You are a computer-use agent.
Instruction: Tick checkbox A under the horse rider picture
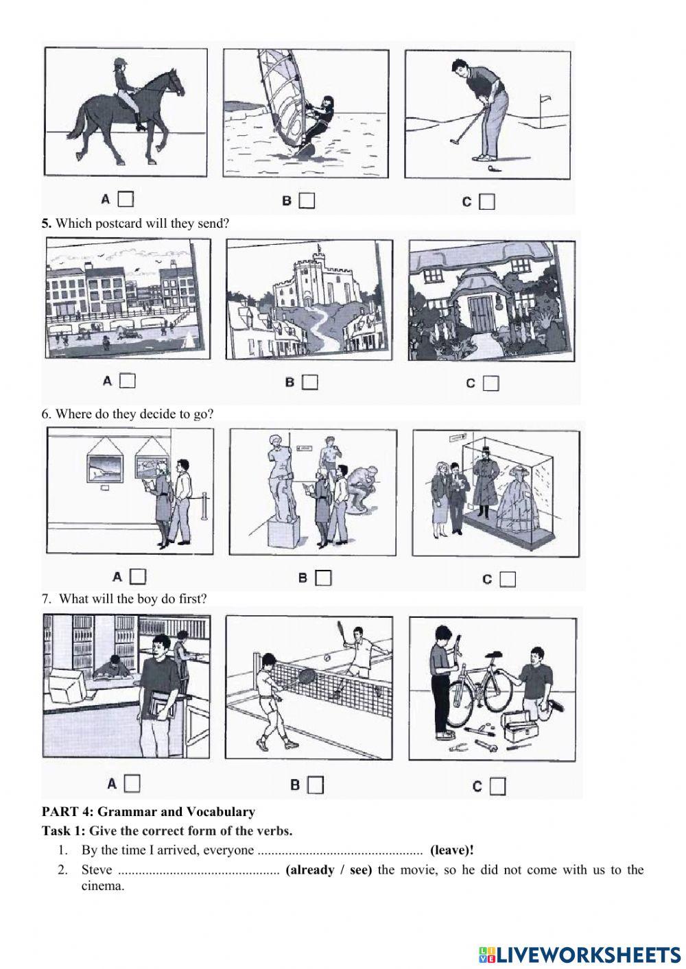click(x=126, y=200)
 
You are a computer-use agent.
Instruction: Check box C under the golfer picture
click(x=487, y=202)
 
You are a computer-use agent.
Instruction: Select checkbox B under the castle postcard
click(x=310, y=382)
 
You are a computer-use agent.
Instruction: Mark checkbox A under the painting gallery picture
click(x=138, y=576)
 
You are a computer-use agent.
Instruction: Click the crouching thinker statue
click(x=362, y=490)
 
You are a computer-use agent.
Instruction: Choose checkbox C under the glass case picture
click(x=508, y=579)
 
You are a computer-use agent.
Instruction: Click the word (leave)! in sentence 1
click(x=452, y=850)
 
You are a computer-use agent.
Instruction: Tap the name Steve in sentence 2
click(x=97, y=870)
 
